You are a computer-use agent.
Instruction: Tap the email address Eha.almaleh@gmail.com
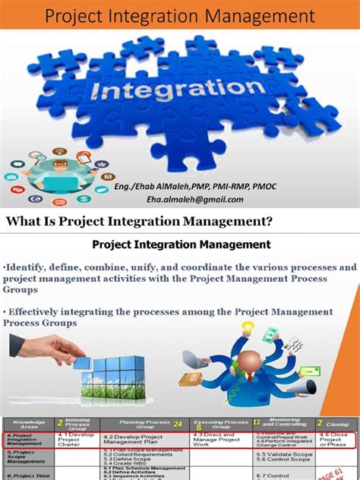(x=195, y=199)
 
